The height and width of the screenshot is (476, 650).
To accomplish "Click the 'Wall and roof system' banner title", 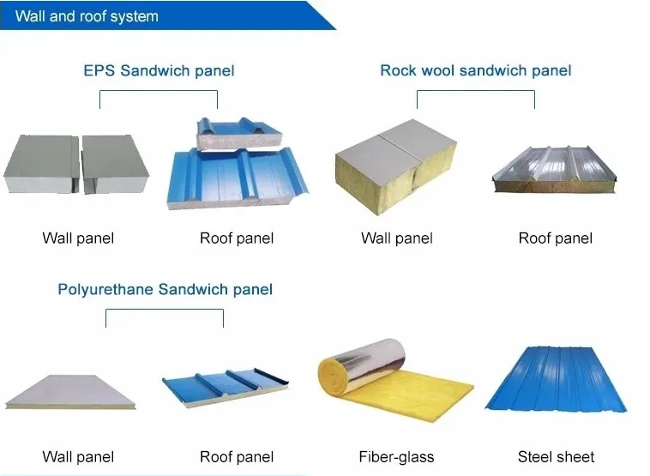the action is pos(87,16).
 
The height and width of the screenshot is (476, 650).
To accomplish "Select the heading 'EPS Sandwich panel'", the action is pos(159,70).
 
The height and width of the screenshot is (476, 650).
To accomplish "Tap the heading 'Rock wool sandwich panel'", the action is pos(475,70).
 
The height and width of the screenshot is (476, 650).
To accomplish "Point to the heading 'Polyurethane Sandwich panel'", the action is pos(165,289).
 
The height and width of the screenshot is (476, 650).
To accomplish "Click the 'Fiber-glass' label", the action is pos(396,457).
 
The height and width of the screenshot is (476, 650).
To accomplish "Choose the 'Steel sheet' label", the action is pos(556,457).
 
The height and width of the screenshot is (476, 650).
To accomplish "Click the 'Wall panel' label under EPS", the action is pos(78,238).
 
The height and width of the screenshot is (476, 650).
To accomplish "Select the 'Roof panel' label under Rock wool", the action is pos(555,238).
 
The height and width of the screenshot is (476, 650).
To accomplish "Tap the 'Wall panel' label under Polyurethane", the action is pos(78,457).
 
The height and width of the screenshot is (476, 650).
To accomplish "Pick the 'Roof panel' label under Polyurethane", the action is pos(237,457).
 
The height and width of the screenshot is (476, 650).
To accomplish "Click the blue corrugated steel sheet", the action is pos(556,378).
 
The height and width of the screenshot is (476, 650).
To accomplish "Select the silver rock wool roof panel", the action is pos(554,169).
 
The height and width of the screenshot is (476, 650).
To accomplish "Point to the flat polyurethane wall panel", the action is pos(70,392).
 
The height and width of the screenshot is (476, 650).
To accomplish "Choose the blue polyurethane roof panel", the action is pos(226,387).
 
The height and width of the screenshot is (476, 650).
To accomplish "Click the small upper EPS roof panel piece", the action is pos(239,133).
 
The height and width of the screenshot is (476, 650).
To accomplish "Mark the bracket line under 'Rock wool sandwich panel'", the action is pos(475,90).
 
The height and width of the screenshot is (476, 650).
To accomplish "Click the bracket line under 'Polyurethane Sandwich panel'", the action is pos(165,310).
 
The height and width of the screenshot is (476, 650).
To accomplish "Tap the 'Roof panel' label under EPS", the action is pos(237,238).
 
